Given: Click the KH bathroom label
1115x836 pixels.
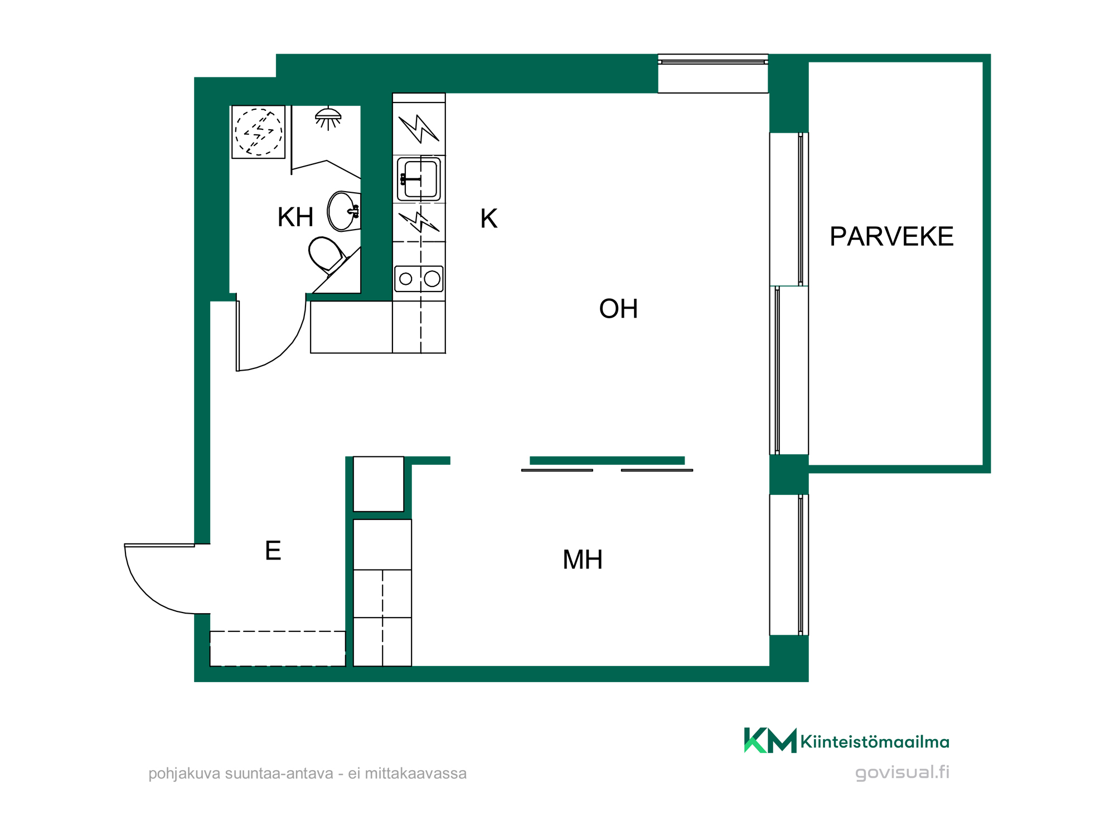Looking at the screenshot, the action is tap(295, 217).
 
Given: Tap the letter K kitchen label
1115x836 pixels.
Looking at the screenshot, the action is tap(488, 218).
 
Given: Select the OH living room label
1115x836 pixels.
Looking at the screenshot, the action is tap(618, 309).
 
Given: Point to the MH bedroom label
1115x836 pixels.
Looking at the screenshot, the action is tap(583, 560).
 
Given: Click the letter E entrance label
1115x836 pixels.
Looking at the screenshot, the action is tap(273, 551).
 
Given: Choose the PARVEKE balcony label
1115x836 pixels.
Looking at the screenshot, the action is tap(891, 236).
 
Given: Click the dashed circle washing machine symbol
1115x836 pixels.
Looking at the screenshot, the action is tap(258, 132).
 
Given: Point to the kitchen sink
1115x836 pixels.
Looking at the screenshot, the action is tap(419, 179).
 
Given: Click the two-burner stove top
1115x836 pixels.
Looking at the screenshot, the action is tap(419, 279).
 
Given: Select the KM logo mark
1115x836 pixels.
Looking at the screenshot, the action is tap(770, 741).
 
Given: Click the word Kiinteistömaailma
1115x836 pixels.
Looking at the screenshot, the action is tap(875, 742).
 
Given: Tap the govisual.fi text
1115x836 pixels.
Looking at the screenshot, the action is tap(902, 772).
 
